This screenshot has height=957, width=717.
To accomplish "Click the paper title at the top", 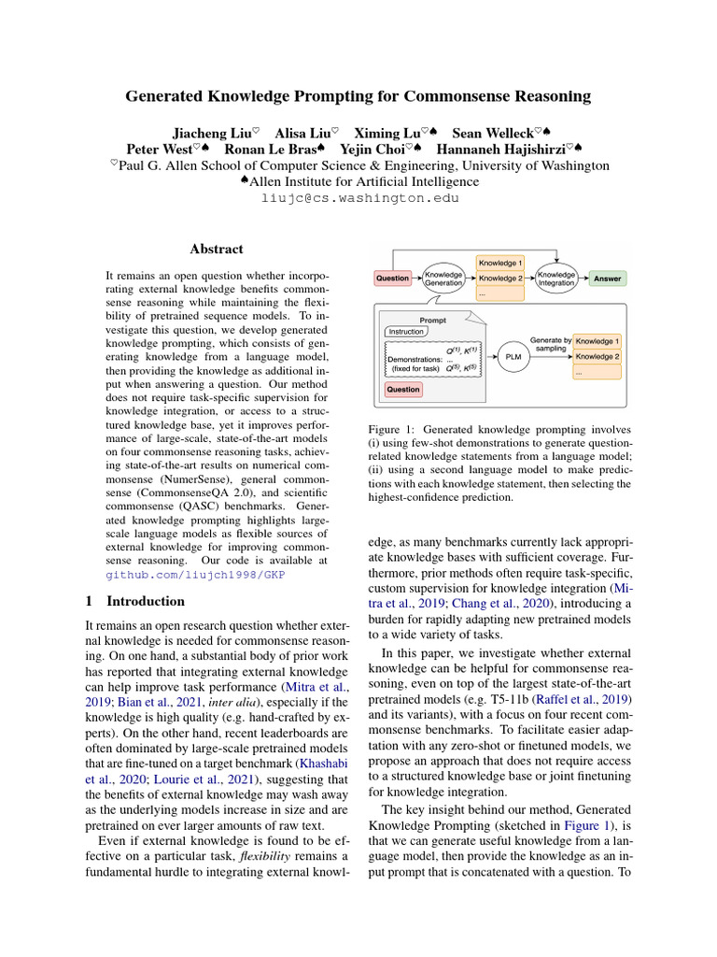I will pyautogui.click(x=358, y=95).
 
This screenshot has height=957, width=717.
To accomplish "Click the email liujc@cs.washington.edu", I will pyautogui.click(x=358, y=198).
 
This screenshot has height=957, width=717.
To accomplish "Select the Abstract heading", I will pyautogui.click(x=217, y=250).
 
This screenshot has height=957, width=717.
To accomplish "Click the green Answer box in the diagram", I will pyautogui.click(x=607, y=279).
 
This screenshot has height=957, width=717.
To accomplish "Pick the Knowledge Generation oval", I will pyautogui.click(x=443, y=279).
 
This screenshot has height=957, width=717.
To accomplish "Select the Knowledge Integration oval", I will pyautogui.click(x=556, y=279).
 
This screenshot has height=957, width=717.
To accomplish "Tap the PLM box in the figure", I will pyautogui.click(x=513, y=355).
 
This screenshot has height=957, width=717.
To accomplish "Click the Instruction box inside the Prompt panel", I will pyautogui.click(x=406, y=332).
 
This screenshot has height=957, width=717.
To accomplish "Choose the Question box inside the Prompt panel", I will pyautogui.click(x=403, y=389).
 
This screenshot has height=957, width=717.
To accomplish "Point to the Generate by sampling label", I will pyautogui.click(x=550, y=344).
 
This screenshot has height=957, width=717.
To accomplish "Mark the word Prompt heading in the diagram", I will pyautogui.click(x=432, y=320).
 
